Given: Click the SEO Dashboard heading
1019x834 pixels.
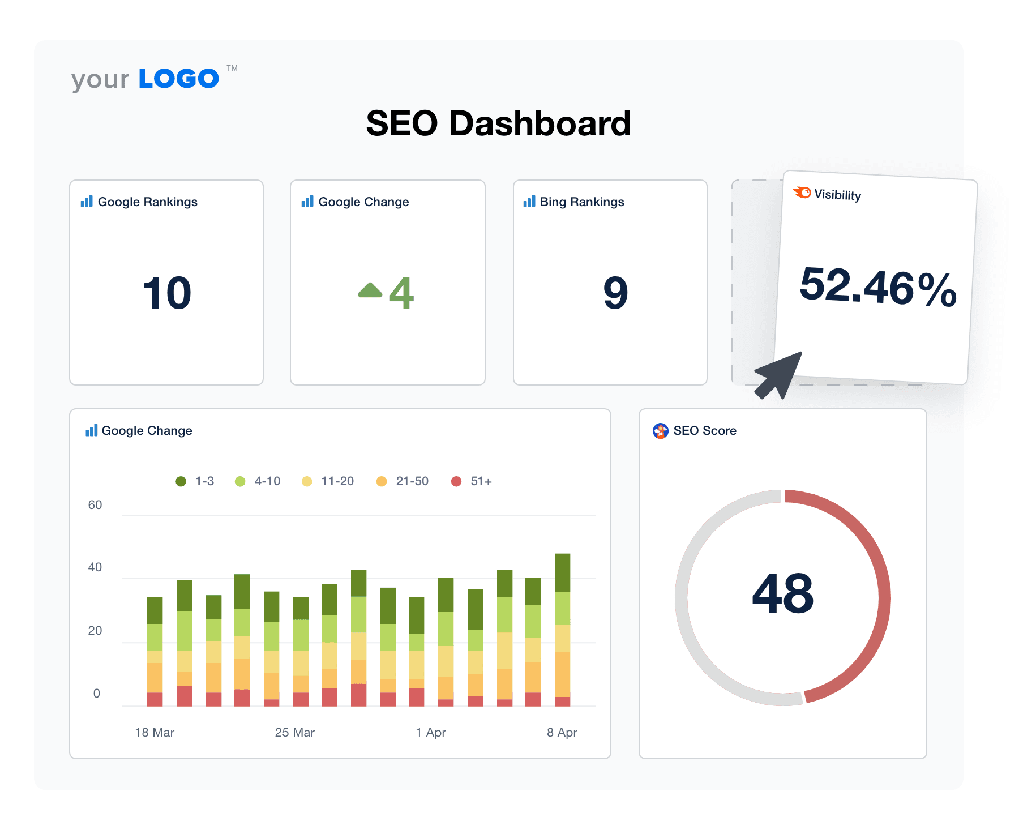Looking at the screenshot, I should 498,123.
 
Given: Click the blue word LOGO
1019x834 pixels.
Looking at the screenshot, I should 179,79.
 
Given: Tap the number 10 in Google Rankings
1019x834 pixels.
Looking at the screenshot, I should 167,293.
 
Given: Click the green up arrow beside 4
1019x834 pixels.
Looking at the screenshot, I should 370,290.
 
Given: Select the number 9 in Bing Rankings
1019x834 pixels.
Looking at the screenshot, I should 615,293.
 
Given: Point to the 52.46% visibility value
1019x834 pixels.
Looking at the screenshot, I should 877,288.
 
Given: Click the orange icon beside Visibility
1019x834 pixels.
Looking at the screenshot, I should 802,193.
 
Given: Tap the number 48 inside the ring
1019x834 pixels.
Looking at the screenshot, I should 783,594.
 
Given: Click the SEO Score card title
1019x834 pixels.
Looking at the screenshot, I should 704,431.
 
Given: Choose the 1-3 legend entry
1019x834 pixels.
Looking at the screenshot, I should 195,481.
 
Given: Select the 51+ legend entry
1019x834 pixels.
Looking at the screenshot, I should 472,481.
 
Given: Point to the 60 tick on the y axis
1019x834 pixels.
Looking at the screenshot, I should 95,505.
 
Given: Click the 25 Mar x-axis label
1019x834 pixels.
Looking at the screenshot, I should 294,733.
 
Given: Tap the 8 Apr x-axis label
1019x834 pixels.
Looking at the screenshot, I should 562,733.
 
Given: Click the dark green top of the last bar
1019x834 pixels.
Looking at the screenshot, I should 562,572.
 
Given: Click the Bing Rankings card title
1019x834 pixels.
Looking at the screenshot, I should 581,202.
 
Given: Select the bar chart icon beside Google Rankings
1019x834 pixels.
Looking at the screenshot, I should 87,202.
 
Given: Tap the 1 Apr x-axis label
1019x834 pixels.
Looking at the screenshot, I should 430,733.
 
